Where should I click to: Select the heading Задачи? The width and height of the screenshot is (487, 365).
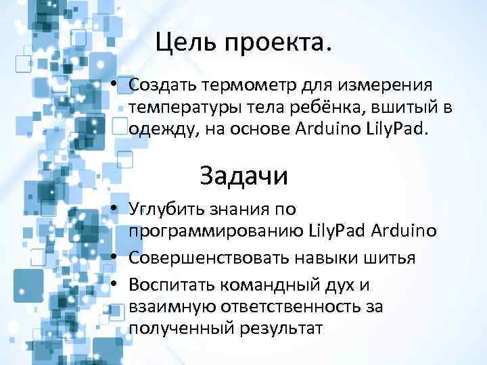pyautogui.click(x=243, y=176)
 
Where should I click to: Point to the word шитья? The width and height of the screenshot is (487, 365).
pyautogui.click(x=391, y=258)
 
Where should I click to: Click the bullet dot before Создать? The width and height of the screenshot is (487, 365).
pyautogui.click(x=117, y=86)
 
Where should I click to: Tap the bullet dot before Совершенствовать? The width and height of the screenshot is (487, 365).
pyautogui.click(x=117, y=258)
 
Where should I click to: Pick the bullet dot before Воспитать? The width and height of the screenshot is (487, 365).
pyautogui.click(x=117, y=284)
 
